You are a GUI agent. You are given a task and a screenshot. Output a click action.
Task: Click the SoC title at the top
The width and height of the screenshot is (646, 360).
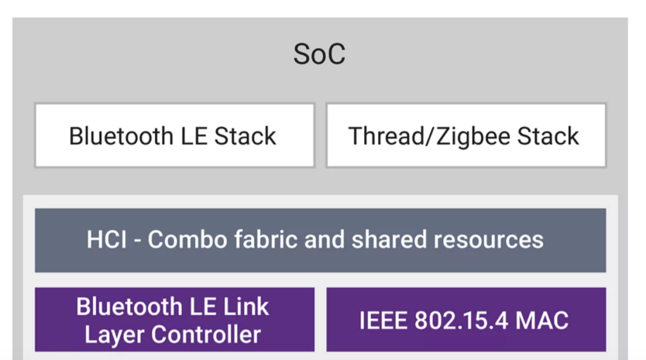click(x=319, y=54)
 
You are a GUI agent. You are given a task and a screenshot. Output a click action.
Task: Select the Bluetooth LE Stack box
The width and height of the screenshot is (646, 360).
click(x=174, y=136)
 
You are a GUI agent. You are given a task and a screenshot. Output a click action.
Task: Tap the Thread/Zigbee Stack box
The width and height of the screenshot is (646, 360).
click(x=465, y=136)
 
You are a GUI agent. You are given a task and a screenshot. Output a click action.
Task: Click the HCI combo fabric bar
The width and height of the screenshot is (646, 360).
click(x=320, y=240)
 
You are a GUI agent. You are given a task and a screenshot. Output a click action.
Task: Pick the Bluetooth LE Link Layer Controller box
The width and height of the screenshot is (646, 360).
click(x=174, y=320)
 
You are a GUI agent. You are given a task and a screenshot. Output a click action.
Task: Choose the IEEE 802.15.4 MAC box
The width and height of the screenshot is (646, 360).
click(x=465, y=320)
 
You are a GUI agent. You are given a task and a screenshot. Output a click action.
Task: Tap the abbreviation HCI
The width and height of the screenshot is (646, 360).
click(x=106, y=240)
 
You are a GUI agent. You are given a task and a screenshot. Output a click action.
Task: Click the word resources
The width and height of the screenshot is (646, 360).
click(x=488, y=240)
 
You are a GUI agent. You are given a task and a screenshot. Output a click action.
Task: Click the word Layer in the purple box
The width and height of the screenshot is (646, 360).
click(x=114, y=334)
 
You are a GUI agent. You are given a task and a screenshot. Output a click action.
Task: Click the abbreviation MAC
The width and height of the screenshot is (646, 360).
click(x=543, y=321)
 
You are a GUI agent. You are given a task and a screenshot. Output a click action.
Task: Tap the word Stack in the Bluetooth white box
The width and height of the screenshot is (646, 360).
click(x=245, y=136)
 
